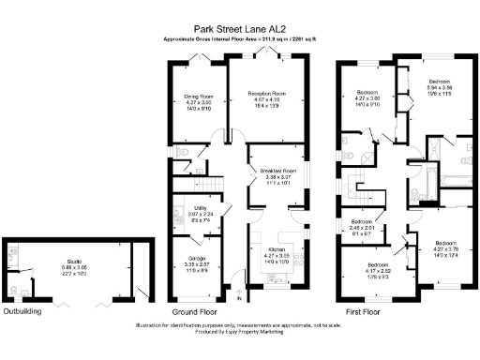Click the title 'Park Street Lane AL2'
tap(240, 29)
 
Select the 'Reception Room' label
tap(266, 94)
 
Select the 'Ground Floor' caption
tap(194, 310)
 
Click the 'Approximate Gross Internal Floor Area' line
tap(240, 40)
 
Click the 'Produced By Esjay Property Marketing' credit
tap(240, 332)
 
